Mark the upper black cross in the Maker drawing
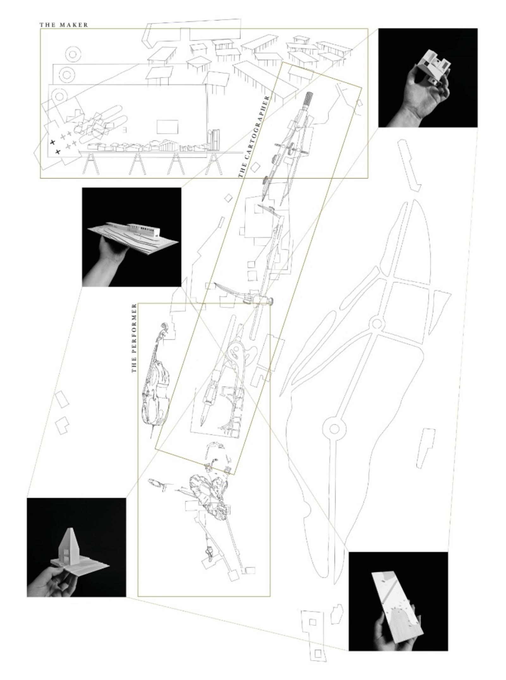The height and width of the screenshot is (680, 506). [53, 142]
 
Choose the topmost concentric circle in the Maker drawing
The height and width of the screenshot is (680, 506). [72, 54]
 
